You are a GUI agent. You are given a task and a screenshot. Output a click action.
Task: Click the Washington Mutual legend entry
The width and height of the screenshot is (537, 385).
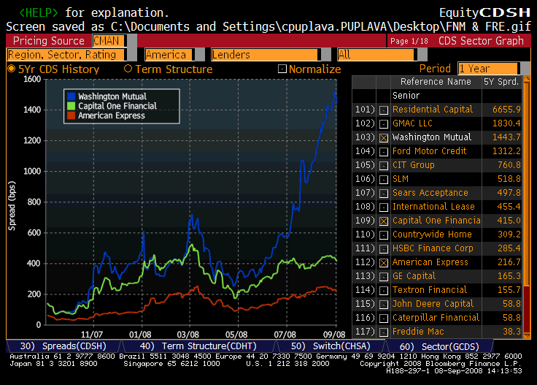point(112,96)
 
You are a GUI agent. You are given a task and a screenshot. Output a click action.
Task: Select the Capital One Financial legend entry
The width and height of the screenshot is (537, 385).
point(117,106)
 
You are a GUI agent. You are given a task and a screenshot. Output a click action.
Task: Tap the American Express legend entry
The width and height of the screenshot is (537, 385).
point(112,115)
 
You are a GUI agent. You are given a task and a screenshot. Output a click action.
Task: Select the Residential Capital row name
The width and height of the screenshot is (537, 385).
point(432,110)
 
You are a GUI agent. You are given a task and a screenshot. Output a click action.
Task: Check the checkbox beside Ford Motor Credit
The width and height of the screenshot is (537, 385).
point(384,151)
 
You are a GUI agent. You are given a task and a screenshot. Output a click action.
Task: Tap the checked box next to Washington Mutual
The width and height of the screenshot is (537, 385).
point(384,137)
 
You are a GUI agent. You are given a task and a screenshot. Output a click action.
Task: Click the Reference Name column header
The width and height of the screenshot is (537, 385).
point(435,82)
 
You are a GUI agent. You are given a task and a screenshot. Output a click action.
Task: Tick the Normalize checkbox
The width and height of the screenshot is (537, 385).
point(282,69)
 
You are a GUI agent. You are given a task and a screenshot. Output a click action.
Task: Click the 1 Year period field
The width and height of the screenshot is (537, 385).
point(487,69)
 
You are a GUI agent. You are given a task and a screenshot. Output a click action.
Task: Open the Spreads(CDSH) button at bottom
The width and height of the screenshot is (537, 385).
point(58,346)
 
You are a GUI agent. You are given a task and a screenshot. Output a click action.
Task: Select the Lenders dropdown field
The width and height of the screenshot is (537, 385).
point(264,55)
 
